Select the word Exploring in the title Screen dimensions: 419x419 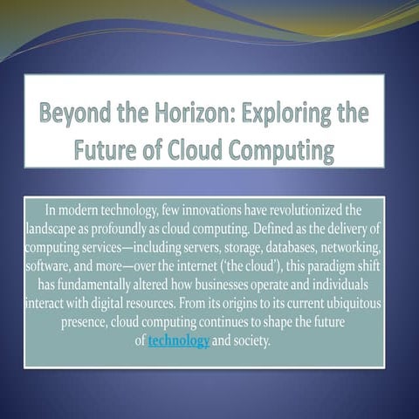click(292, 113)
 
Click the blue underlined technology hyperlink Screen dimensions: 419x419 click(179, 340)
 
